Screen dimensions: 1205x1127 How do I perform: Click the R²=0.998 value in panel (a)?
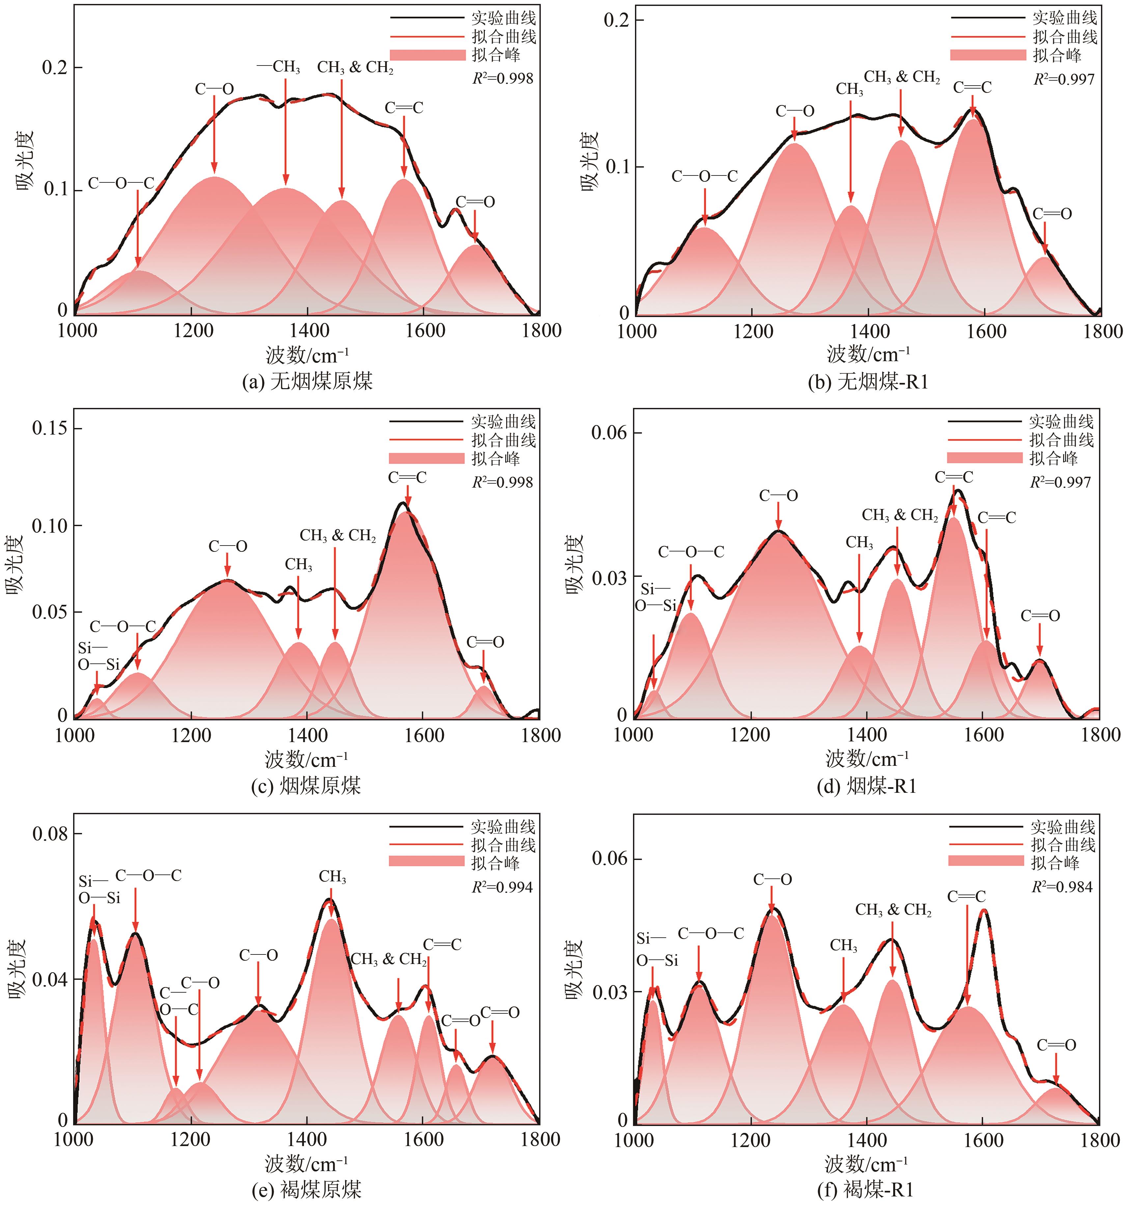503,78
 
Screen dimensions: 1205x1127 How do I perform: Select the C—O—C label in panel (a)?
121,183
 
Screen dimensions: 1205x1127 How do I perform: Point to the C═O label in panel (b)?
1052,213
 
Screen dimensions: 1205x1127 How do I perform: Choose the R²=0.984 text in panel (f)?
1061,887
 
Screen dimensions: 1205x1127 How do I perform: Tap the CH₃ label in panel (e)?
332,877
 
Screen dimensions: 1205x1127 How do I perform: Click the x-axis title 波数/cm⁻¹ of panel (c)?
306,759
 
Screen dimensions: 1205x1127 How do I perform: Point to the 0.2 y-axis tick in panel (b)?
615,20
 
